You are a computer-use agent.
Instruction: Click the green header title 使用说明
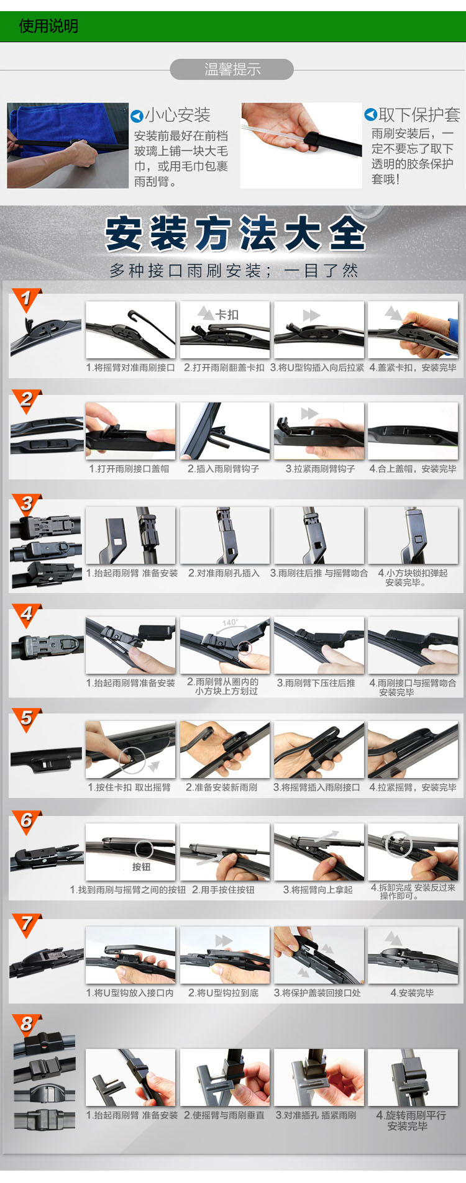(48, 26)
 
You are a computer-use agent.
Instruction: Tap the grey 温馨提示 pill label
(232, 70)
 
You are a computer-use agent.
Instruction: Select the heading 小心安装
(178, 115)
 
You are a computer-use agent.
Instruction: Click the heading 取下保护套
(419, 115)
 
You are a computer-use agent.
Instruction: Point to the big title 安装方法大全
(235, 233)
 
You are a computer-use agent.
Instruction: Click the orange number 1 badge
(26, 299)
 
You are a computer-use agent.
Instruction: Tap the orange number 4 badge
(26, 615)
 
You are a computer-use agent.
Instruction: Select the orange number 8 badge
(26, 1025)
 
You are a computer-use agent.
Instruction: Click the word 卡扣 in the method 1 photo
(227, 315)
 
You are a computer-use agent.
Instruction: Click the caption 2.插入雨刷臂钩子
(224, 469)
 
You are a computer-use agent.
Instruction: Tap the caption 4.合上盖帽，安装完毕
(413, 469)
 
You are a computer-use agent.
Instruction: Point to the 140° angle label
(230, 622)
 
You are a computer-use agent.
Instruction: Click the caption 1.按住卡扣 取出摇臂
(129, 787)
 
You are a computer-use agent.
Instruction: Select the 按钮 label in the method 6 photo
(141, 867)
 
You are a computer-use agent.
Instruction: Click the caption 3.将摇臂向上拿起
(318, 890)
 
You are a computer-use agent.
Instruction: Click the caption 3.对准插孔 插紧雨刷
(316, 1115)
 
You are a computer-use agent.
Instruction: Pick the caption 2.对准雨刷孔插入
(224, 573)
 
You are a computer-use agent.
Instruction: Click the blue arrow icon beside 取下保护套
(370, 114)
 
